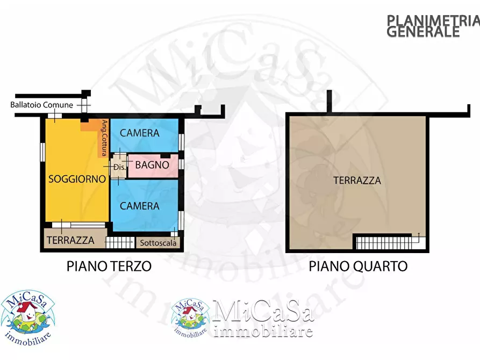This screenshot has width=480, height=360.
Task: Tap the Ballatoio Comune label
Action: point(41,105)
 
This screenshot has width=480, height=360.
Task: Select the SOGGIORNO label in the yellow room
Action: point(76,179)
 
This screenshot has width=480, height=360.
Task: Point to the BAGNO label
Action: point(152,165)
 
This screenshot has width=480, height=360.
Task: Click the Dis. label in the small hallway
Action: point(119,167)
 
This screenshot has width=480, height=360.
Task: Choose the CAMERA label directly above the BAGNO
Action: point(139,133)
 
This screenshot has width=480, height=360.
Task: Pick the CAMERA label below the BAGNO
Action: point(139,206)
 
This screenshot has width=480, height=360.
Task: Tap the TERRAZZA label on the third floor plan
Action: point(70,240)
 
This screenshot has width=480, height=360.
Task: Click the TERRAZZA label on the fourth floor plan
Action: point(357,181)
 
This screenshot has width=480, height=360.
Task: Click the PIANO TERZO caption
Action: point(109,266)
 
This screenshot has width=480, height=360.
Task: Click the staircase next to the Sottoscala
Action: point(119,243)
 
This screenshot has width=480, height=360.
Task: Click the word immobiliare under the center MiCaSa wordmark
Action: point(263,331)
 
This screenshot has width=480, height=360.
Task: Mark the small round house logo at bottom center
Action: point(190,318)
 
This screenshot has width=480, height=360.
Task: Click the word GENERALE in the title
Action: point(423,32)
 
